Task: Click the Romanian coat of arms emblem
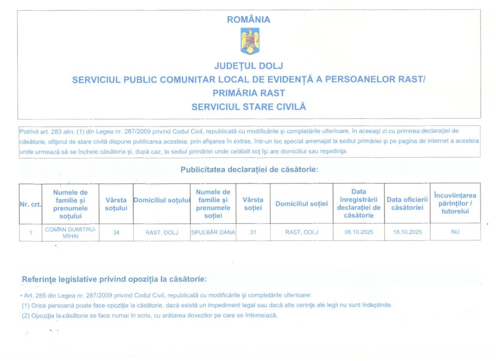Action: pos(250,41)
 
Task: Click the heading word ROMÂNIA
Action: pos(248,20)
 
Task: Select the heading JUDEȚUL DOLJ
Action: pos(248,66)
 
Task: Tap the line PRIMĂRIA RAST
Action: pos(249,93)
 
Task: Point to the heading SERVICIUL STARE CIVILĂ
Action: pos(249,107)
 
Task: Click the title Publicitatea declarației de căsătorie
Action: pos(249,170)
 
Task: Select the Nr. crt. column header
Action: pos(30,204)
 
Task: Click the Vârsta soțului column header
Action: pos(116,204)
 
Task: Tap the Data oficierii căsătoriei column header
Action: pos(407,204)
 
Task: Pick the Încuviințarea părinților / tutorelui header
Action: pos(455,204)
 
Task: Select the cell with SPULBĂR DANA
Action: pos(213,232)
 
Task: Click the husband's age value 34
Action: pos(116,233)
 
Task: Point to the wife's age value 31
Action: pos(253,233)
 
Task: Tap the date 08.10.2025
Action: pos(358,233)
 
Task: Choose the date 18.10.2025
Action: pos(407,233)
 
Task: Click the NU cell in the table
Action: pos(455,232)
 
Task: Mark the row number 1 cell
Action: pos(31,233)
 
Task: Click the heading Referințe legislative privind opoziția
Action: pos(114,280)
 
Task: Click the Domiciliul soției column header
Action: pos(301,204)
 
